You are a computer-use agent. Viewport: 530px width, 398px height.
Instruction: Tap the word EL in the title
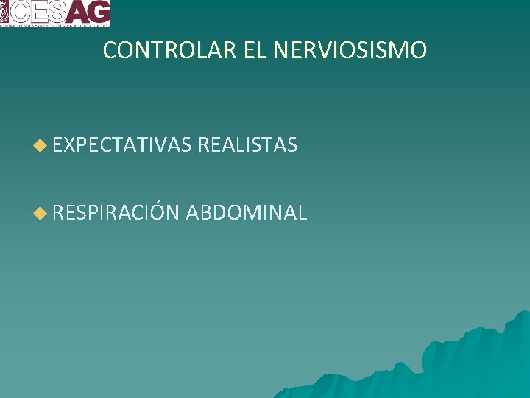click(255, 51)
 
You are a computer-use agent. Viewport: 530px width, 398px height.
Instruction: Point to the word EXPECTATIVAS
click(122, 145)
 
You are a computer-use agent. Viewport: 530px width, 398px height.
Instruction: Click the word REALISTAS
click(247, 145)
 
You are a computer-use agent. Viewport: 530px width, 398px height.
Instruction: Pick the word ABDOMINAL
click(246, 213)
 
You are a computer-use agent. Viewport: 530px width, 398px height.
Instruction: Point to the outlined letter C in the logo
click(20, 11)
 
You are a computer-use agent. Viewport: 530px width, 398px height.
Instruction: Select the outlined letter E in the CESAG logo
click(39, 11)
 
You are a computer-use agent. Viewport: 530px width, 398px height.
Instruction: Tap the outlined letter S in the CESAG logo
click(57, 11)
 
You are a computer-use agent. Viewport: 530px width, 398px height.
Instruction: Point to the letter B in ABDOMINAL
click(209, 213)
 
